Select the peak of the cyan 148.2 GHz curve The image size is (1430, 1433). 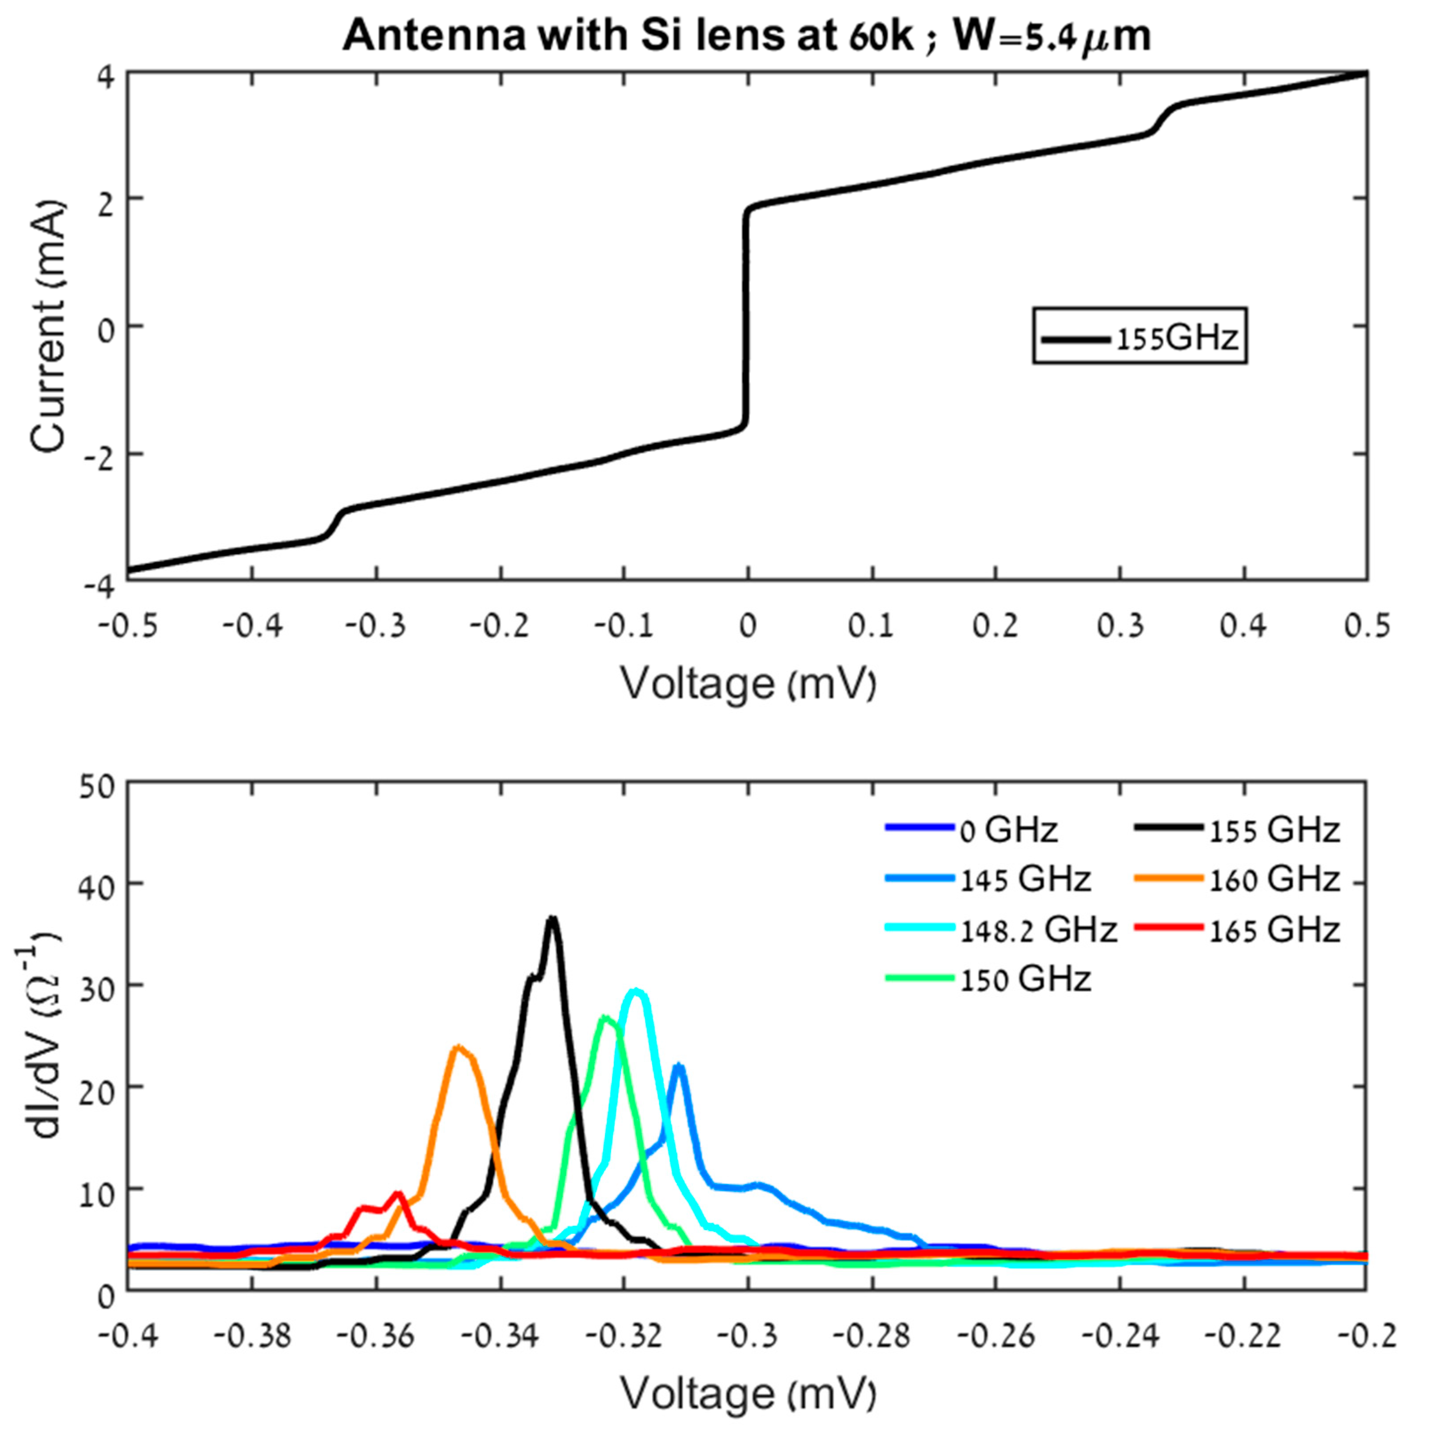636,991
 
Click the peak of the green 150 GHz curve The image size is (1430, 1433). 605,1017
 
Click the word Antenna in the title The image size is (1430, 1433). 434,36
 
